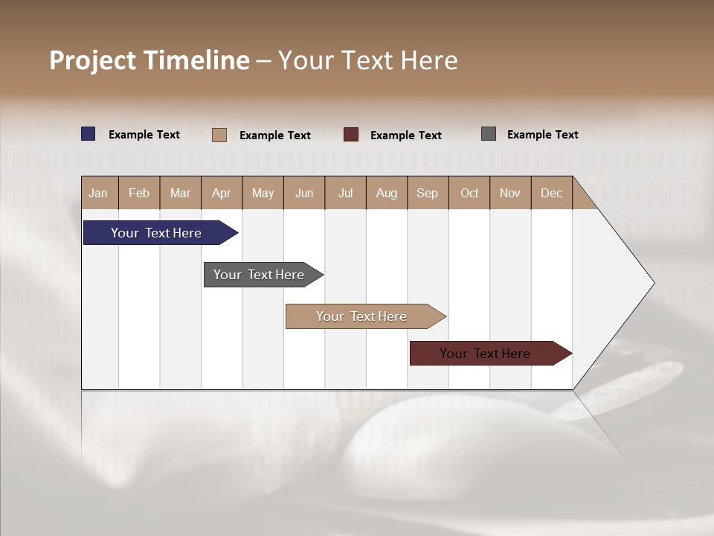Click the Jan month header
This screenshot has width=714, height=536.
(99, 193)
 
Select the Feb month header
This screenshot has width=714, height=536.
(139, 193)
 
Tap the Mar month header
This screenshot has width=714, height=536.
(180, 193)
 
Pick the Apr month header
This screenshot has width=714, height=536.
(222, 193)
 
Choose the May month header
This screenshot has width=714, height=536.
(263, 193)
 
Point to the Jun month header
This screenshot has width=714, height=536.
(304, 193)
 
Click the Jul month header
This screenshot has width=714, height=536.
(345, 193)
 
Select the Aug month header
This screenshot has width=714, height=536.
(387, 193)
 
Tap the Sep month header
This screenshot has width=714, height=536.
(428, 193)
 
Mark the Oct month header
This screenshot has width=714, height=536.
(469, 193)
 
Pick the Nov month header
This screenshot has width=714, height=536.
(510, 193)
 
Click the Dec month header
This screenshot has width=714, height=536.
(552, 193)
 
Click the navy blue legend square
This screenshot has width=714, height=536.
(89, 134)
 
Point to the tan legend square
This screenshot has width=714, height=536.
(219, 135)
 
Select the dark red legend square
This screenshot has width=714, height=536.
(351, 135)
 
